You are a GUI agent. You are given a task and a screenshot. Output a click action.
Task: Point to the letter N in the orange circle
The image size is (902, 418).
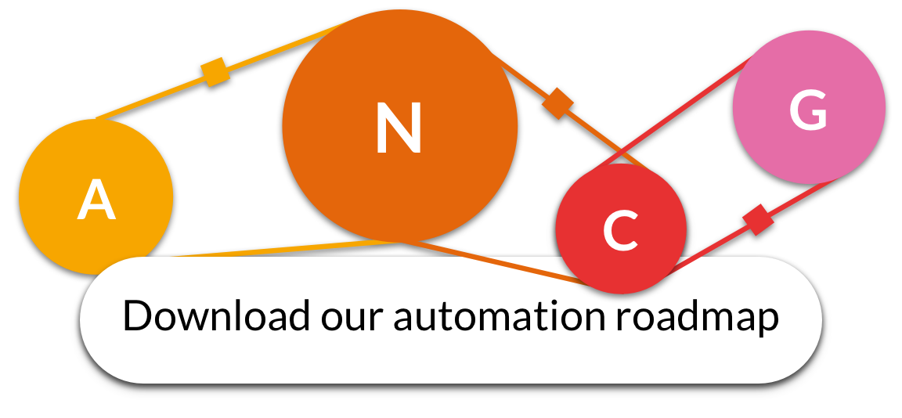click(x=399, y=128)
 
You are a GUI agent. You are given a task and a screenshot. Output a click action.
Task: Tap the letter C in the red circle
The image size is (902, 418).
click(x=621, y=231)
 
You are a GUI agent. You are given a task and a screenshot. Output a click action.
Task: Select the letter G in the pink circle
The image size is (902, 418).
click(x=809, y=110)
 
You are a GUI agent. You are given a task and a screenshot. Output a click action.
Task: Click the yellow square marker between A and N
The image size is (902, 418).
click(x=215, y=72)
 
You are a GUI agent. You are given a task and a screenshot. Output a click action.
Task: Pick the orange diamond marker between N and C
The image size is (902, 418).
click(x=557, y=103)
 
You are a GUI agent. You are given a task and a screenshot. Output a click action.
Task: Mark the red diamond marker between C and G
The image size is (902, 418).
click(x=757, y=219)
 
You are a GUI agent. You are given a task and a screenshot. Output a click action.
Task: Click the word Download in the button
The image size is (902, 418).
click(x=215, y=316)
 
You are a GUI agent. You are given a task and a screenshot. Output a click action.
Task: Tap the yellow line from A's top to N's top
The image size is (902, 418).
click(x=157, y=95)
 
